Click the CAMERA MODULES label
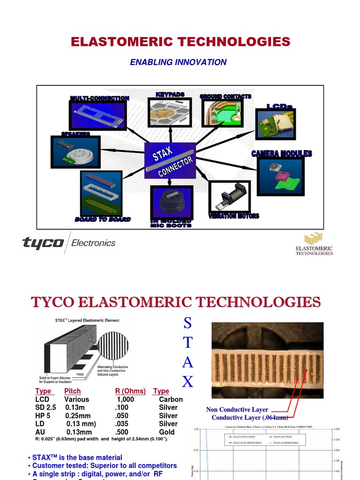pos(281,154)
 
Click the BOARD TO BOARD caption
pos(103,219)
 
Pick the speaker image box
pos(75,152)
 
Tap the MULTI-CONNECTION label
pos(99,98)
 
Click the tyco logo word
pos(43,243)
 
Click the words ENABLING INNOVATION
pos(178,62)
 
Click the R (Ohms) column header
pos(130,391)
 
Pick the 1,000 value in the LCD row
pos(125,399)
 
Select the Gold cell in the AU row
pos(167,432)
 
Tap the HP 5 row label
pos(43,416)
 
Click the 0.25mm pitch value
pos(78,416)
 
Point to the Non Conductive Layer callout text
pos(237,410)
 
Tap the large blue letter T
pos(187,343)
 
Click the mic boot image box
pos(172,202)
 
